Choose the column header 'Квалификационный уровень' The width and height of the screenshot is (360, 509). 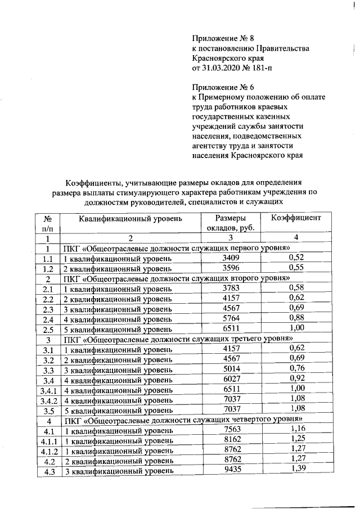[x=130, y=218]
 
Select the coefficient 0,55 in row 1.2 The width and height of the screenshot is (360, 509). [x=296, y=268]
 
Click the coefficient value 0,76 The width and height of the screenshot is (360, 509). [x=296, y=369]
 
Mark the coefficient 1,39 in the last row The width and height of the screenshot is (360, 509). [x=296, y=470]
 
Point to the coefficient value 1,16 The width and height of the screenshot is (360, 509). [x=296, y=430]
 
